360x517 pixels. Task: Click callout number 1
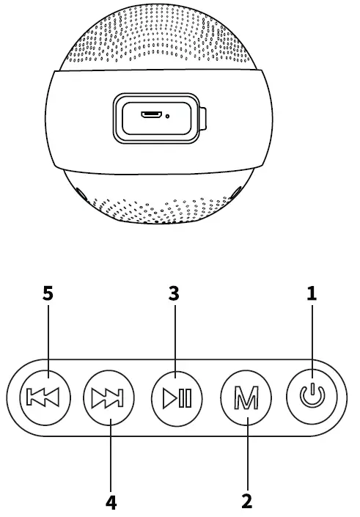click(x=312, y=294)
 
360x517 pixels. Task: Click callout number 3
click(x=174, y=294)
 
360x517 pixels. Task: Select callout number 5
click(x=48, y=294)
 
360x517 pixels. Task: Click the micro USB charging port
click(x=153, y=115)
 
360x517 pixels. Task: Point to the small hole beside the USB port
click(x=168, y=116)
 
